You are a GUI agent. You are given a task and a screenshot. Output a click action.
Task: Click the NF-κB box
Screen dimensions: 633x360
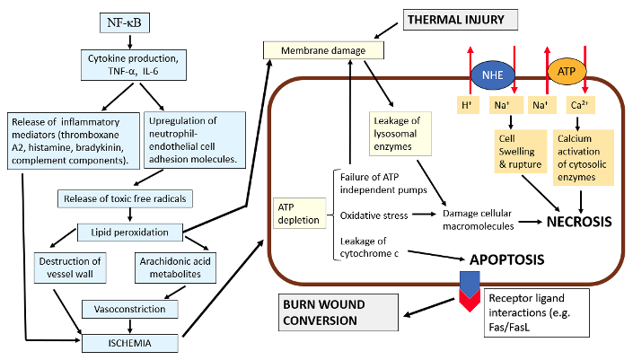click(x=124, y=22)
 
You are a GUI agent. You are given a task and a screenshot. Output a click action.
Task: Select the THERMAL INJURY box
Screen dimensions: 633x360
click(x=461, y=20)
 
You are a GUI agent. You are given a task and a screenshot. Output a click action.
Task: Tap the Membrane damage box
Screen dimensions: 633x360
click(x=323, y=50)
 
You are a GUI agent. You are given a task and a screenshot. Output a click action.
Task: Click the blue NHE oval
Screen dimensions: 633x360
click(x=493, y=75)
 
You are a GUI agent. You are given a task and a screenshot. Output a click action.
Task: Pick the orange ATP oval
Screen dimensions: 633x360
click(x=567, y=72)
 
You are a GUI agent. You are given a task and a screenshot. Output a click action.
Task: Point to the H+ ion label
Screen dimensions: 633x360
click(x=468, y=105)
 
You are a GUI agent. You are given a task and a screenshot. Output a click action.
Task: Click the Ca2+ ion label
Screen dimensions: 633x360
click(x=580, y=105)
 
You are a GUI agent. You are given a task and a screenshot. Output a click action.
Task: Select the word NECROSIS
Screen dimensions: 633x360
click(x=579, y=222)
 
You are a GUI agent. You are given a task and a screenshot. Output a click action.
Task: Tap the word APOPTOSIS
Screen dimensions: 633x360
click(x=506, y=259)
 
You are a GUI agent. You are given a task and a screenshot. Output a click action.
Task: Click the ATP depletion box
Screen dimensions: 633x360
click(x=299, y=213)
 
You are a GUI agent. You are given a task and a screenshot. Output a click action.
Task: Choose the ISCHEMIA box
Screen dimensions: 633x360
click(x=129, y=343)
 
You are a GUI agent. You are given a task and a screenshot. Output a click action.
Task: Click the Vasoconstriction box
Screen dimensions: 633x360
click(x=129, y=309)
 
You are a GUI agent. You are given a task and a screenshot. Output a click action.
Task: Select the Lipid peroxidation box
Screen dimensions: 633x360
click(x=129, y=232)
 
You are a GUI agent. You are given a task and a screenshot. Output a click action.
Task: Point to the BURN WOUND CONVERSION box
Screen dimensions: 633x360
click(x=338, y=312)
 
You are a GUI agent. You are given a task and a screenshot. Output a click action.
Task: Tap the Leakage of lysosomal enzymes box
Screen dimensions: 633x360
click(x=400, y=134)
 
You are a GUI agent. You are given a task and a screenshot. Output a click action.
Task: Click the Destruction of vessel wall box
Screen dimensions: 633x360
click(x=70, y=268)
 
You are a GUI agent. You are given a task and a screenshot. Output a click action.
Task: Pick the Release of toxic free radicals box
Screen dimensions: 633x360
click(x=125, y=198)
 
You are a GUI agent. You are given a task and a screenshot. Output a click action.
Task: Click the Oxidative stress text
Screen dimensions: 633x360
click(x=374, y=215)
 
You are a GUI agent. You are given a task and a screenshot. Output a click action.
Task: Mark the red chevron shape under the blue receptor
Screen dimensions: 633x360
click(x=470, y=299)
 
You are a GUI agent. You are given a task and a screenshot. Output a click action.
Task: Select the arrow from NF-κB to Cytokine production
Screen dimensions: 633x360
click(x=129, y=41)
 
